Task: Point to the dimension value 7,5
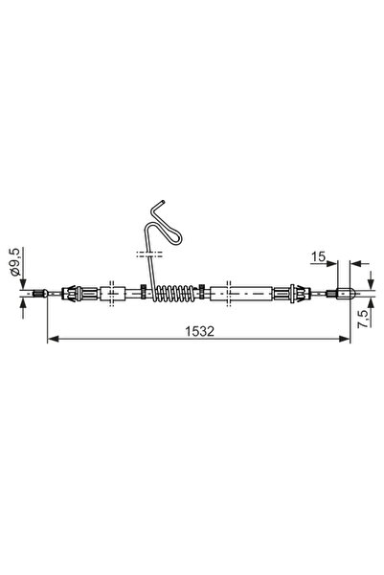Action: click(365, 319)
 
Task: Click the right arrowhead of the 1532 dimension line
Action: click(347, 339)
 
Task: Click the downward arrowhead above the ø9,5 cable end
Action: click(21, 282)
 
